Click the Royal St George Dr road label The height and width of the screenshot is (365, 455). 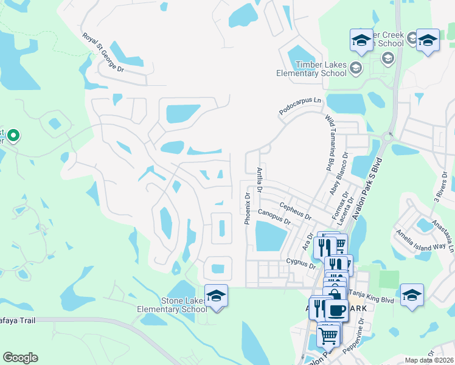pyautogui.click(x=103, y=52)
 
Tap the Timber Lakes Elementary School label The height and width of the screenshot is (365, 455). pyautogui.click(x=311, y=69)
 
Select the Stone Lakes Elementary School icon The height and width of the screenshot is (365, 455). pyautogui.click(x=216, y=296)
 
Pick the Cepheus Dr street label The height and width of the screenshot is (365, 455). pyautogui.click(x=295, y=212)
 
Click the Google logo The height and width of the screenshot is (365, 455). pyautogui.click(x=20, y=358)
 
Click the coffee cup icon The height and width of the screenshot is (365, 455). pyautogui.click(x=336, y=310)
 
